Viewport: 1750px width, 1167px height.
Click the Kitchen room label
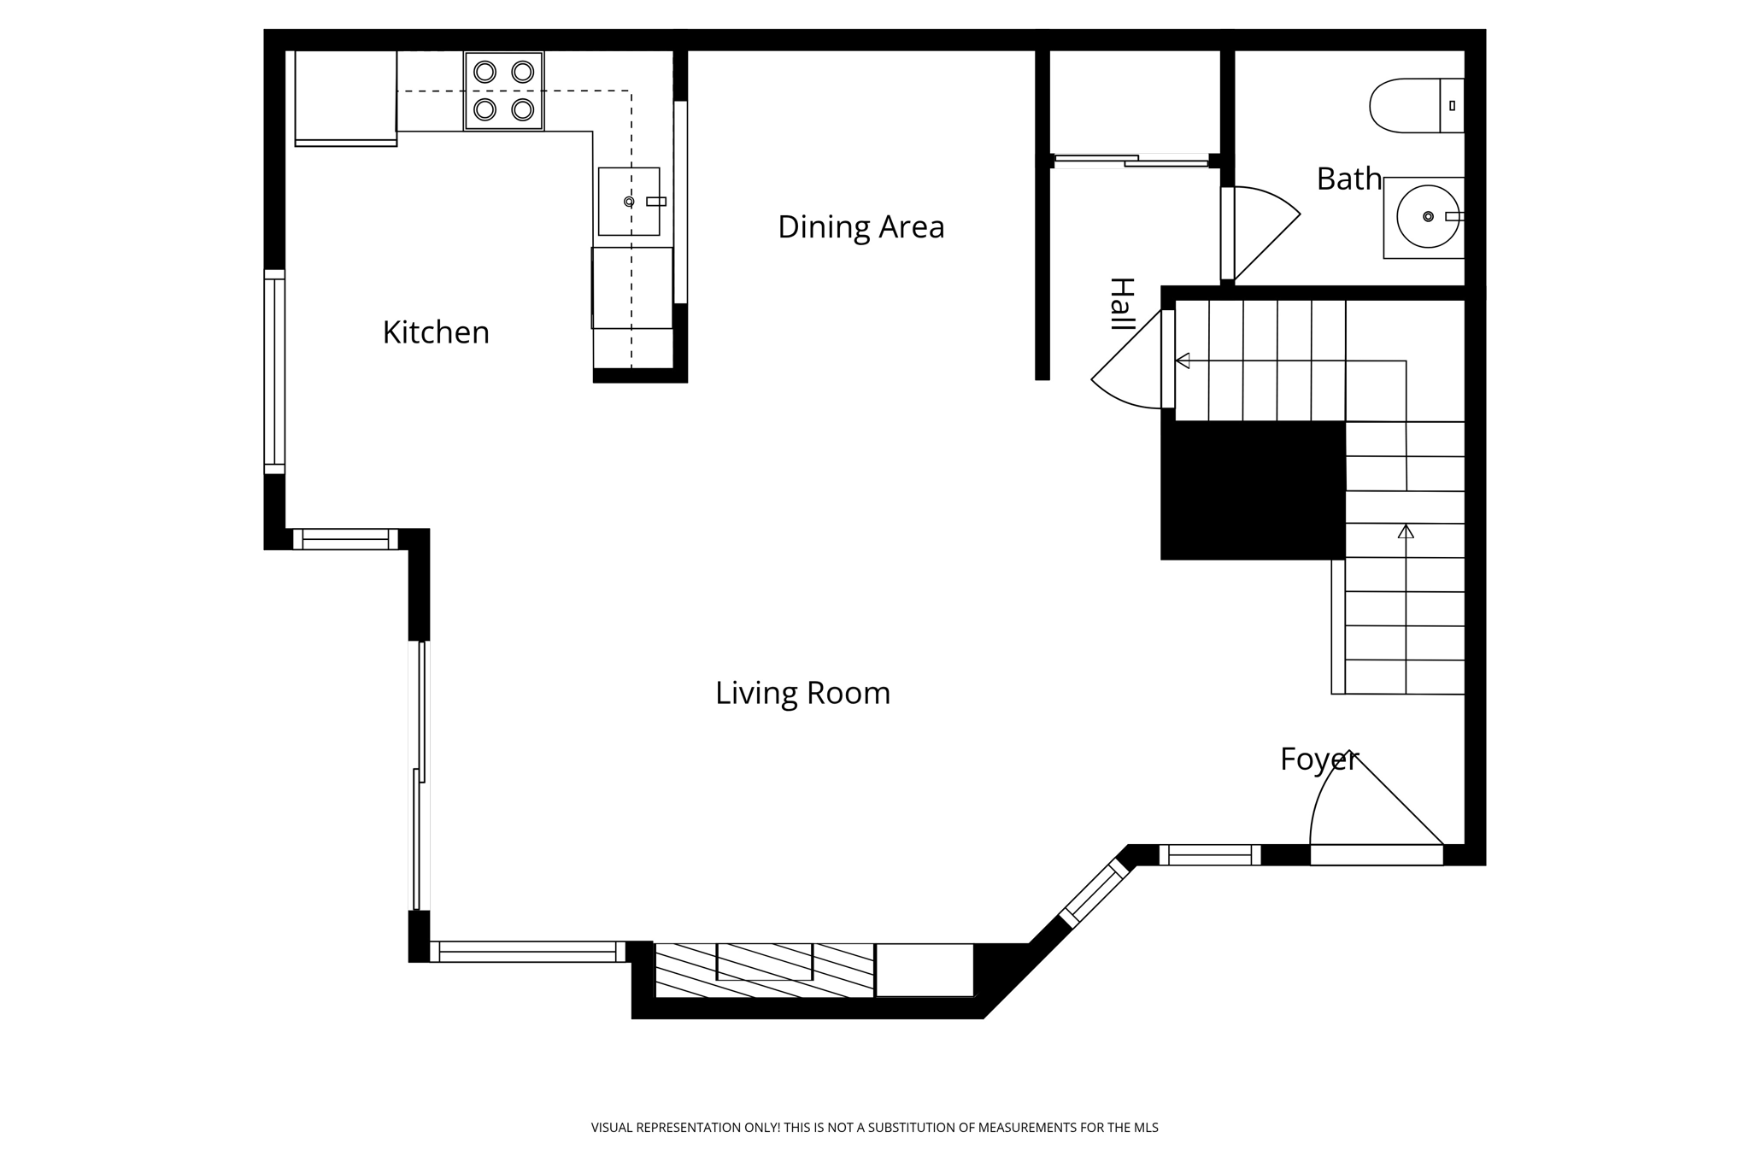[436, 332]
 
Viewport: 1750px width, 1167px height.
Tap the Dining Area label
[860, 227]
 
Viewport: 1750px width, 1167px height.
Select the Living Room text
[802, 693]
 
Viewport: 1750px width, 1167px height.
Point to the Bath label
[1348, 179]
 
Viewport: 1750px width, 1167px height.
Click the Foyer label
[1318, 759]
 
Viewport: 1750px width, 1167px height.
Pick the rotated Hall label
[1121, 304]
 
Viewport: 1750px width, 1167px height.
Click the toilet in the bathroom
[1414, 106]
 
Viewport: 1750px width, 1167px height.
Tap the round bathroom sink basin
[1427, 217]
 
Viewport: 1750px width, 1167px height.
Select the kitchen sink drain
[629, 202]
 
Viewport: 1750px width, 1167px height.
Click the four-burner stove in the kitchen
[503, 91]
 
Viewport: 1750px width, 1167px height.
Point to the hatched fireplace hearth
[764, 970]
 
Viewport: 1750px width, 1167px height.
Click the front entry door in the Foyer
[1376, 854]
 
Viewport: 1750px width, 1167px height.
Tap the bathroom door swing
[1263, 229]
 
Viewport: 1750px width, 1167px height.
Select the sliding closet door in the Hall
[1131, 160]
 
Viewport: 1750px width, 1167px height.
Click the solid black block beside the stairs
[1252, 490]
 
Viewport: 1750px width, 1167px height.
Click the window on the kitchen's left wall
[274, 372]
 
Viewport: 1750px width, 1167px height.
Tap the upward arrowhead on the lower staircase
[1406, 531]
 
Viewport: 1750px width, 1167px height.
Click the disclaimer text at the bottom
[874, 1128]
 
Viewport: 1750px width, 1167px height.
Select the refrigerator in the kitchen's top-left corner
[345, 97]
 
